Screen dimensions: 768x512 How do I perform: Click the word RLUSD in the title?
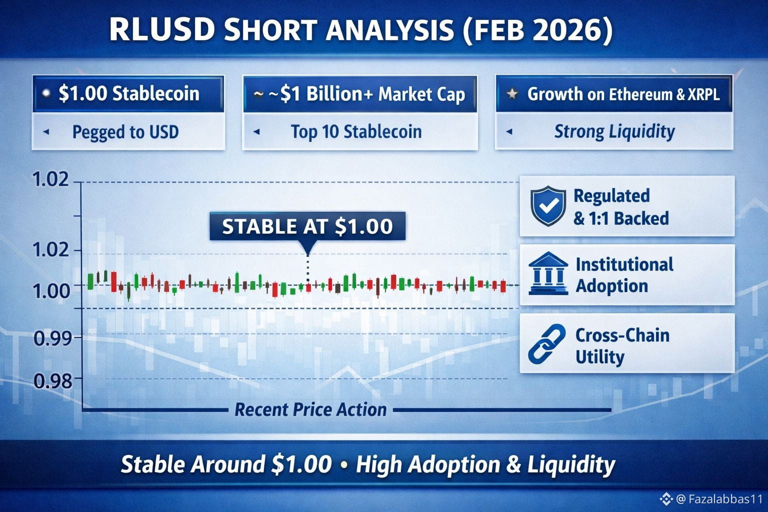(161, 30)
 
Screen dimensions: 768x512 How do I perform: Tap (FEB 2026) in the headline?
(537, 30)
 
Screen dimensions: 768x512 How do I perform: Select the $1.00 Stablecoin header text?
(128, 93)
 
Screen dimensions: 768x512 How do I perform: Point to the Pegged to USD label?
(125, 132)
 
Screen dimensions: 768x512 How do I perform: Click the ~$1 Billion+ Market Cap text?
(367, 94)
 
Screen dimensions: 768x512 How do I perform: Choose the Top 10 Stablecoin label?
(356, 132)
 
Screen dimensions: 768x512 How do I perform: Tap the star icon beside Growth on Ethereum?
(512, 93)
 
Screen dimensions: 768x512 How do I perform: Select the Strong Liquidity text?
(614, 131)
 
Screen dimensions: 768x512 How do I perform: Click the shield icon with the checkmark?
(548, 206)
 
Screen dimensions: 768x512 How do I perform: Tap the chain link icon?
(547, 344)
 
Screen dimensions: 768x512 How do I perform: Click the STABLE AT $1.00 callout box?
(307, 226)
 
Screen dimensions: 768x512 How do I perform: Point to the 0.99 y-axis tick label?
(53, 338)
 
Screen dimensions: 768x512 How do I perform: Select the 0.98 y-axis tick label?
(53, 380)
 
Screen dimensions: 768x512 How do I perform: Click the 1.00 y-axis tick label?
(51, 291)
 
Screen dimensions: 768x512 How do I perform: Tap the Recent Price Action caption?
(310, 409)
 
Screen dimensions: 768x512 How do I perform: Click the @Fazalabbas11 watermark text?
(718, 499)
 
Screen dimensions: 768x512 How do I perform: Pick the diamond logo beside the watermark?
(666, 499)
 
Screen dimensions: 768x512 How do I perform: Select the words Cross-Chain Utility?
(622, 346)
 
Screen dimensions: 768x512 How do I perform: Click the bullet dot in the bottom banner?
(344, 465)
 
